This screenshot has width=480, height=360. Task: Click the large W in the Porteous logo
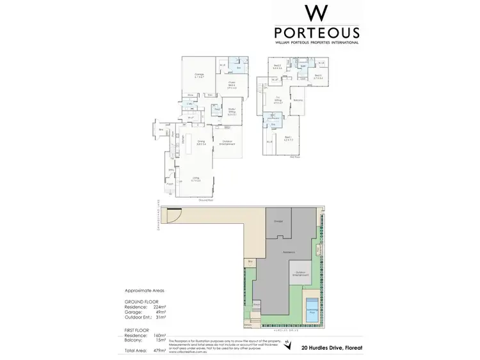pos(316,12)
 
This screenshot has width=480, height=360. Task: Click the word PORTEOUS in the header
pos(316,32)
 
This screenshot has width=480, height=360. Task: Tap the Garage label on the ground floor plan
pos(199,75)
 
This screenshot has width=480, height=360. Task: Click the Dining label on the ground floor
pos(200,142)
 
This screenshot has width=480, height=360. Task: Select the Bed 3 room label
pos(318,76)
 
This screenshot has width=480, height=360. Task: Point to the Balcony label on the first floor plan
pos(298,100)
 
